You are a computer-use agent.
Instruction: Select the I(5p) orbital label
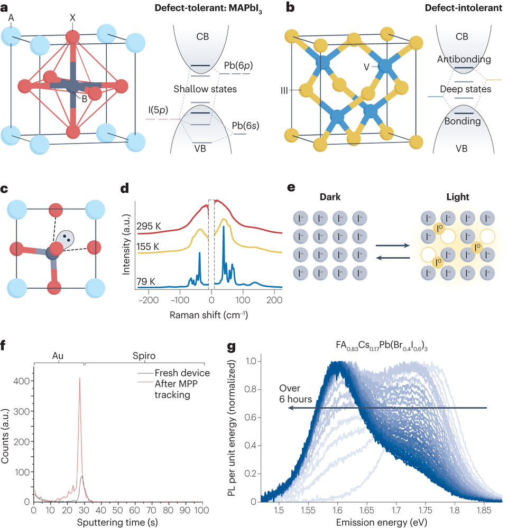tap(159, 112)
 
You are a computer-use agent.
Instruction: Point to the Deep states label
tap(465, 89)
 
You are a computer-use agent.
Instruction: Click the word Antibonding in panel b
tap(465, 60)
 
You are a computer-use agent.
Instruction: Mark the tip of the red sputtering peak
tap(79, 378)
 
